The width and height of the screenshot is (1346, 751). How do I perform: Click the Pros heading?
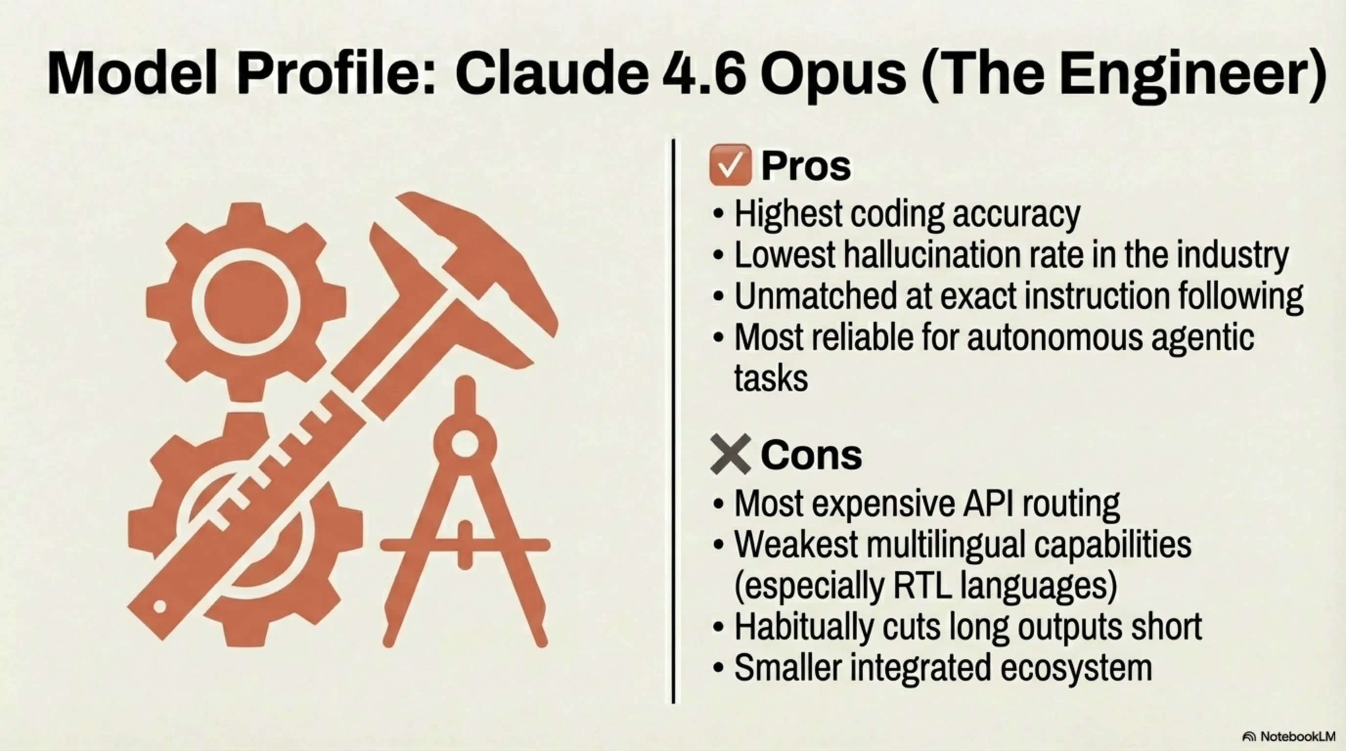pyautogui.click(x=806, y=166)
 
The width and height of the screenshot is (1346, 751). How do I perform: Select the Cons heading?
pyautogui.click(x=811, y=455)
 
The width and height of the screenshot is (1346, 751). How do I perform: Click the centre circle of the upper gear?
pyautogui.click(x=246, y=302)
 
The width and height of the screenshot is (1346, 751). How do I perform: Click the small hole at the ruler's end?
pyautogui.click(x=160, y=607)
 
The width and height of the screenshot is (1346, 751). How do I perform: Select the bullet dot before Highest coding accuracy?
pyautogui.click(x=718, y=214)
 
